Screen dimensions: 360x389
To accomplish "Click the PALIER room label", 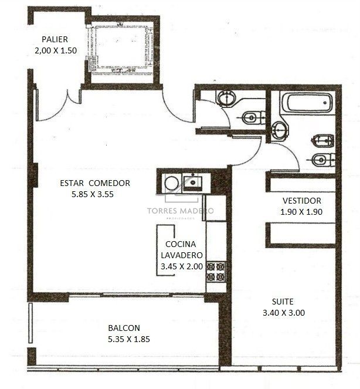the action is point(55,39).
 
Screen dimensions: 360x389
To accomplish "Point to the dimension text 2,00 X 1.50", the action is point(56,50).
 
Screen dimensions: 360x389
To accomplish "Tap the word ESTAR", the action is point(72,183).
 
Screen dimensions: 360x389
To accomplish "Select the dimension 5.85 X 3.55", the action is point(93,194).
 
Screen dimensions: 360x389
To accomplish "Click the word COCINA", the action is point(181,244).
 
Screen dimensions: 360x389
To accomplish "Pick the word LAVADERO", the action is point(182,255).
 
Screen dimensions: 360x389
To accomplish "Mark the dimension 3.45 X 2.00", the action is point(182,266).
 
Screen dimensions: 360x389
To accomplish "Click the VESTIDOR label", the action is point(302,201).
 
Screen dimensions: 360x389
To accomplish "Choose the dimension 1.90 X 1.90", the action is point(301,212).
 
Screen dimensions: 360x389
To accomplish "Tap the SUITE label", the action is point(283,302).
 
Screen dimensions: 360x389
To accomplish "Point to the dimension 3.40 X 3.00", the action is point(284,313).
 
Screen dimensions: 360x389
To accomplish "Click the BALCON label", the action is point(124,328).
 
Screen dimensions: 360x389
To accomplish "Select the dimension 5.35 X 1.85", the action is point(129,339).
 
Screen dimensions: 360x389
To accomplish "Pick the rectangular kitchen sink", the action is point(192,182).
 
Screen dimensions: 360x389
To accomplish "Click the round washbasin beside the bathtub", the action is point(280,130).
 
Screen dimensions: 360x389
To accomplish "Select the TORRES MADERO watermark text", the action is point(180,211).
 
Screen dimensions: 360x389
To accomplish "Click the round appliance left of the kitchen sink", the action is point(171,183).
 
